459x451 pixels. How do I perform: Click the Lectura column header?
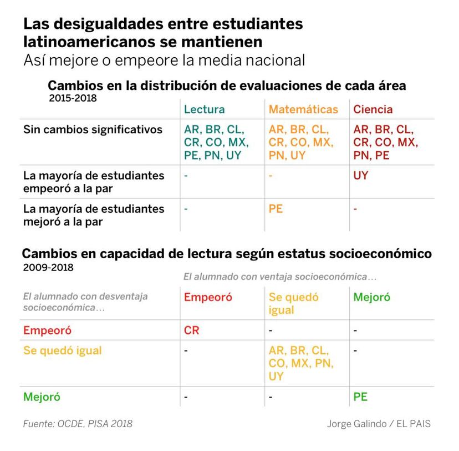point(204,109)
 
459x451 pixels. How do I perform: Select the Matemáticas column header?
point(303,109)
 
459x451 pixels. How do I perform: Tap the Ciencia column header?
point(373,109)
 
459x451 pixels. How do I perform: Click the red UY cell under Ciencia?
point(361,176)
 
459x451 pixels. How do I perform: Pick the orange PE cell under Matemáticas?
point(276,209)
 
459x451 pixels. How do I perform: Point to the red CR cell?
point(191,330)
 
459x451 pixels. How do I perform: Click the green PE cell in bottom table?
point(360,397)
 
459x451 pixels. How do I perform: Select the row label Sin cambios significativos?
point(93,129)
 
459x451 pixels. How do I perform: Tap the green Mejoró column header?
point(371,297)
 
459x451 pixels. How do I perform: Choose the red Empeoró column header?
point(208,297)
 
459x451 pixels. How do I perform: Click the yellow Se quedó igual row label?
point(63,351)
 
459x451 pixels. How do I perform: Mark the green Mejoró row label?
point(42,397)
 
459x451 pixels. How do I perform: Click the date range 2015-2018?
point(73,98)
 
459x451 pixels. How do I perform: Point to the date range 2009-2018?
point(48,267)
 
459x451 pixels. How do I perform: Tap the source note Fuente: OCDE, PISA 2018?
point(78,424)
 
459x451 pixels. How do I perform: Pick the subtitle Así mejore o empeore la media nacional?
point(164,60)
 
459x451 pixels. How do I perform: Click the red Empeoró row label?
point(47,330)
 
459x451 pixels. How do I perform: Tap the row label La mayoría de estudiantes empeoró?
point(94,181)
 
